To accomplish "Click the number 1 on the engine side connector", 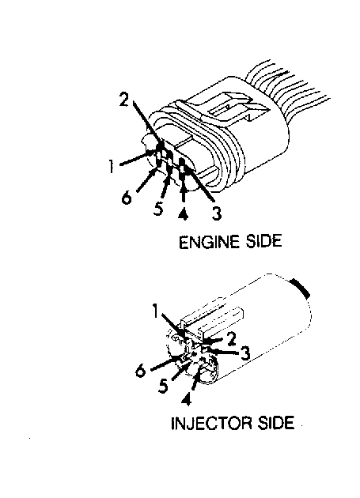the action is pyautogui.click(x=111, y=167).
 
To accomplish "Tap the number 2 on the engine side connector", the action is pyautogui.click(x=124, y=99).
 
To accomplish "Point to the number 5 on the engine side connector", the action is pyautogui.click(x=158, y=209).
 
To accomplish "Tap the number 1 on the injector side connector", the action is pyautogui.click(x=155, y=311).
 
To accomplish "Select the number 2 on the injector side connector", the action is pyautogui.click(x=231, y=339).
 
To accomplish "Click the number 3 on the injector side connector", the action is pyautogui.click(x=244, y=353).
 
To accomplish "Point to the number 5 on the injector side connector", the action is pyautogui.click(x=163, y=386).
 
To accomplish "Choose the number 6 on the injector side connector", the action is pyautogui.click(x=141, y=370).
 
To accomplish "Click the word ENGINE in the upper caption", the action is pyautogui.click(x=209, y=242).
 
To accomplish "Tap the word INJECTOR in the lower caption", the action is pyautogui.click(x=211, y=423).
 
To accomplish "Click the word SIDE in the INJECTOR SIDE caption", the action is pyautogui.click(x=275, y=423).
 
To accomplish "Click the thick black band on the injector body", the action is pyautogui.click(x=301, y=288).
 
